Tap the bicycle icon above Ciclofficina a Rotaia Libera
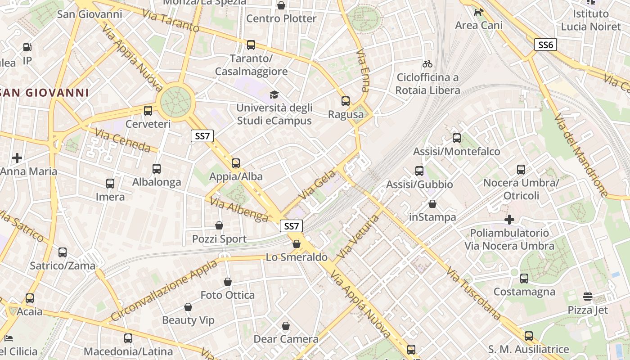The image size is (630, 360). coord(427,64)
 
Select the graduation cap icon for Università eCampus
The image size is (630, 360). coord(274,94)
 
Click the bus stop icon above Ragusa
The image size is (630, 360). coord(346,101)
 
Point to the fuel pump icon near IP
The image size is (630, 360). coord(27,47)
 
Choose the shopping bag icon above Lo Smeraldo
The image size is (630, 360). coord(297,244)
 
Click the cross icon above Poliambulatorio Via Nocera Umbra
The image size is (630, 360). coord(509,220)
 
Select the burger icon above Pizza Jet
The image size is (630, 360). coord(588,296)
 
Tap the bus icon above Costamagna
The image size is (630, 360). coord(524,278)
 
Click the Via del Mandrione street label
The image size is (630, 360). coord(581,155)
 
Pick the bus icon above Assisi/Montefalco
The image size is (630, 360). coord(457,138)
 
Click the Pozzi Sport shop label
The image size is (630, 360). coord(220,239)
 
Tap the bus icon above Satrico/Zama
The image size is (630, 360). coord(63,252)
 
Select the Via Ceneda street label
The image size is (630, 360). coord(123,139)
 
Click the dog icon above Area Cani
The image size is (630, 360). coord(478,12)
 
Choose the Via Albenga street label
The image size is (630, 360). coord(239,210)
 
